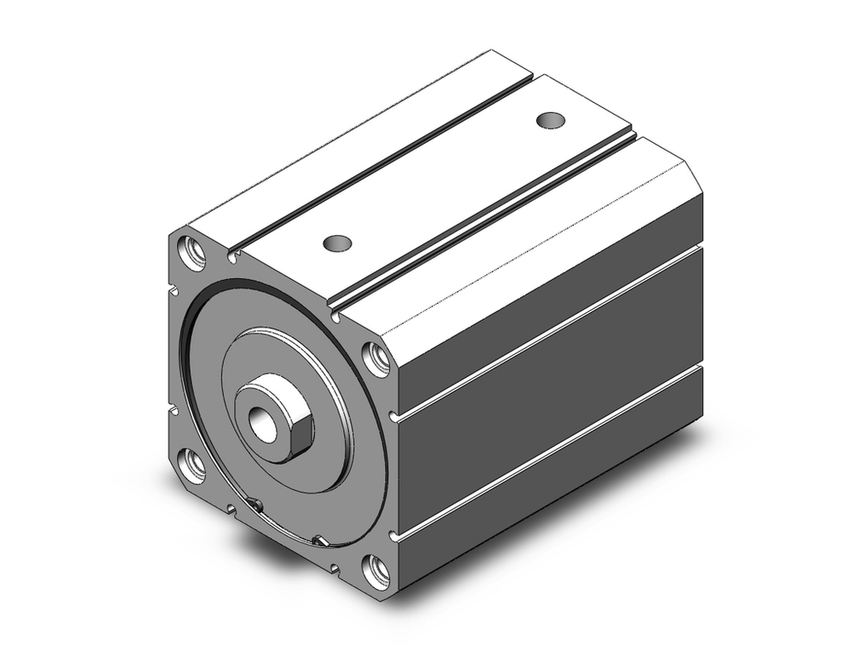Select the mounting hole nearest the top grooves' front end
(376, 357)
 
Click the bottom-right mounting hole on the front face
(377, 569)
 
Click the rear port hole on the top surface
(551, 119)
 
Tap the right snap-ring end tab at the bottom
(318, 540)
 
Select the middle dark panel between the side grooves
(553, 391)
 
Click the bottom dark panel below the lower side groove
(553, 502)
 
